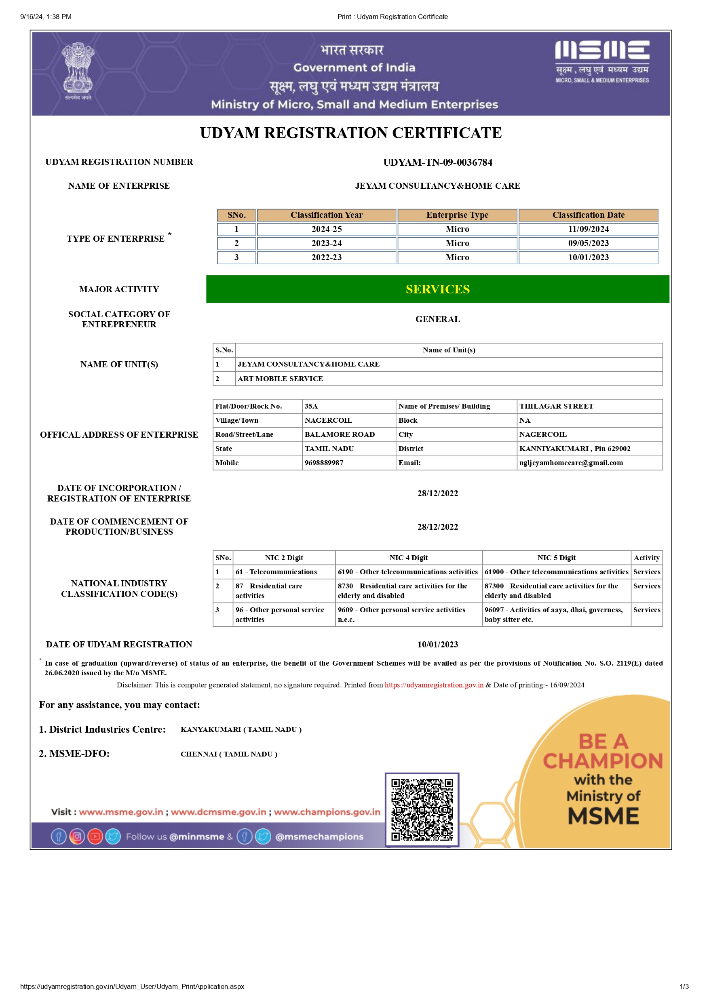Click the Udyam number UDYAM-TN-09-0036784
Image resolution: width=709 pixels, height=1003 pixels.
[x=437, y=162]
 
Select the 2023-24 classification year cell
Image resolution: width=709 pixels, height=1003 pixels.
[x=326, y=243]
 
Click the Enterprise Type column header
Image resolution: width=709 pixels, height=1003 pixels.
[x=457, y=215]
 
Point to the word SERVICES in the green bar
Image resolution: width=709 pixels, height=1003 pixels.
[x=437, y=289]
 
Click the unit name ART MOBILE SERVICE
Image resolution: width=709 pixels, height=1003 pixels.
[x=280, y=379]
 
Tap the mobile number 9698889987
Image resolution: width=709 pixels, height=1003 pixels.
[x=324, y=463]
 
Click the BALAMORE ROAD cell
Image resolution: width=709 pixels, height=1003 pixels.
[x=340, y=434]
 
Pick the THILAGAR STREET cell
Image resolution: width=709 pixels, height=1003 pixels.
[x=556, y=406]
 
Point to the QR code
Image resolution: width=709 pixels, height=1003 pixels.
[x=422, y=809]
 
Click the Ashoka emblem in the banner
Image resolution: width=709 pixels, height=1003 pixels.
[x=78, y=70]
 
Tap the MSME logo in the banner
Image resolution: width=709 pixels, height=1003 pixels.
[x=602, y=61]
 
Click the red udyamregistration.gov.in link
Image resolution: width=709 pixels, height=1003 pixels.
[x=434, y=685]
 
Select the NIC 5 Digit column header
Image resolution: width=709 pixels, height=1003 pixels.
[x=556, y=558]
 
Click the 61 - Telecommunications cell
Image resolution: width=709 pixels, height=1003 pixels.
[x=276, y=572]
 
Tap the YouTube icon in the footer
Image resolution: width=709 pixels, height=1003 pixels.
[x=95, y=837]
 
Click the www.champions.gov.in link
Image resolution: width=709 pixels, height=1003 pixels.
[x=327, y=812]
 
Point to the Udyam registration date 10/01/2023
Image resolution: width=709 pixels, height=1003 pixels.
[x=437, y=644]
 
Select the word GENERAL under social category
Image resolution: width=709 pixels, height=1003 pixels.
[x=437, y=319]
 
